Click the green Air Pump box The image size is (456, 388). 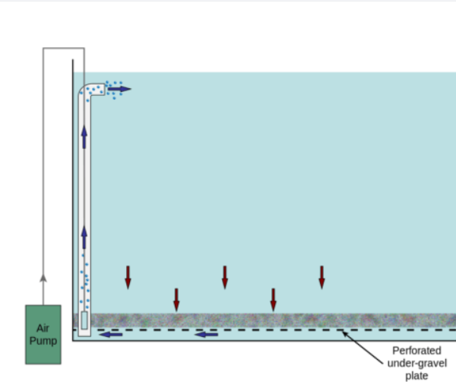[x=43, y=334]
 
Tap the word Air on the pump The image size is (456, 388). [x=43, y=329]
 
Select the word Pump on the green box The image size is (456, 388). [x=43, y=341]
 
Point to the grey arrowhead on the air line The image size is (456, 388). [x=43, y=278]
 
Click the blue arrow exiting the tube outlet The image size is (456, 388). [x=119, y=89]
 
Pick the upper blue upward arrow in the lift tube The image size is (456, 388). [x=84, y=137]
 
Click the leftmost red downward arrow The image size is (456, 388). [x=128, y=277]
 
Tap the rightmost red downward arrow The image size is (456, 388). [x=321, y=277]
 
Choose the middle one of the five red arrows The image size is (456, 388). [x=224, y=277]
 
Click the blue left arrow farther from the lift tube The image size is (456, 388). [x=206, y=333]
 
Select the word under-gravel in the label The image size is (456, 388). [x=411, y=363]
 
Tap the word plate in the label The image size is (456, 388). [x=411, y=375]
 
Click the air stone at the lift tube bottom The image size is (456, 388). [x=84, y=320]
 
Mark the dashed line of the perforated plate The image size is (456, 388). [x=304, y=330]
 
